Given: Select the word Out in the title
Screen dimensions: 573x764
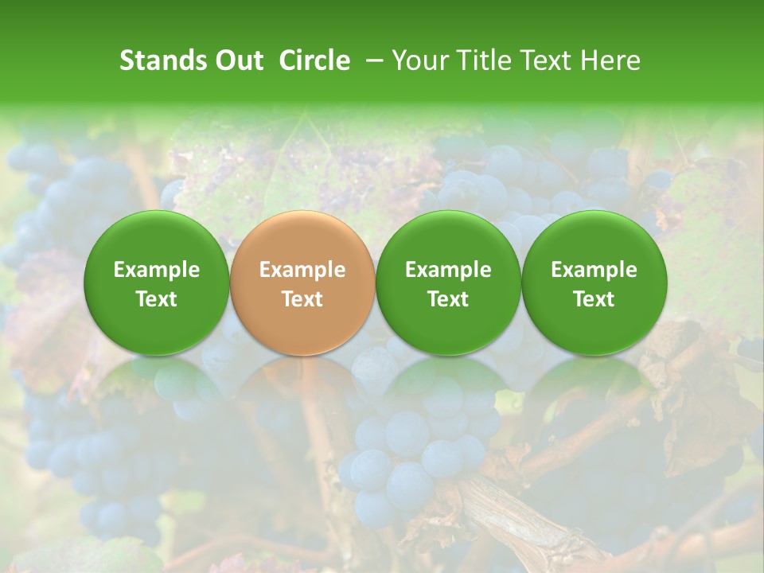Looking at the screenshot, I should tap(237, 60).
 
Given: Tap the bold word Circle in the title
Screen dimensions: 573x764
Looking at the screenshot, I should tap(314, 60).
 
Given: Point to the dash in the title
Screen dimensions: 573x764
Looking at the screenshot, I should tap(371, 60).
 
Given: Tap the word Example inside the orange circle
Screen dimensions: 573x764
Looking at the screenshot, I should tap(302, 270).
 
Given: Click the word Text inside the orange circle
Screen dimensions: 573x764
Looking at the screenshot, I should tap(302, 299).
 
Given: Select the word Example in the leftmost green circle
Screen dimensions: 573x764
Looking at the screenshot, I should tap(157, 270).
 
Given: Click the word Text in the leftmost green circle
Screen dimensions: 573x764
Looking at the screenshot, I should tap(157, 299).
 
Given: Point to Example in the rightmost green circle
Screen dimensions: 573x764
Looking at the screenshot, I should tap(594, 270).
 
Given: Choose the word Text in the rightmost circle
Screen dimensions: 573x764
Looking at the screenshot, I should tap(594, 299).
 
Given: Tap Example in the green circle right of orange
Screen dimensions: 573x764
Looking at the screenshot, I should tap(448, 270).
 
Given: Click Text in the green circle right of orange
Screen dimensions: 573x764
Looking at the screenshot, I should tap(448, 299).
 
